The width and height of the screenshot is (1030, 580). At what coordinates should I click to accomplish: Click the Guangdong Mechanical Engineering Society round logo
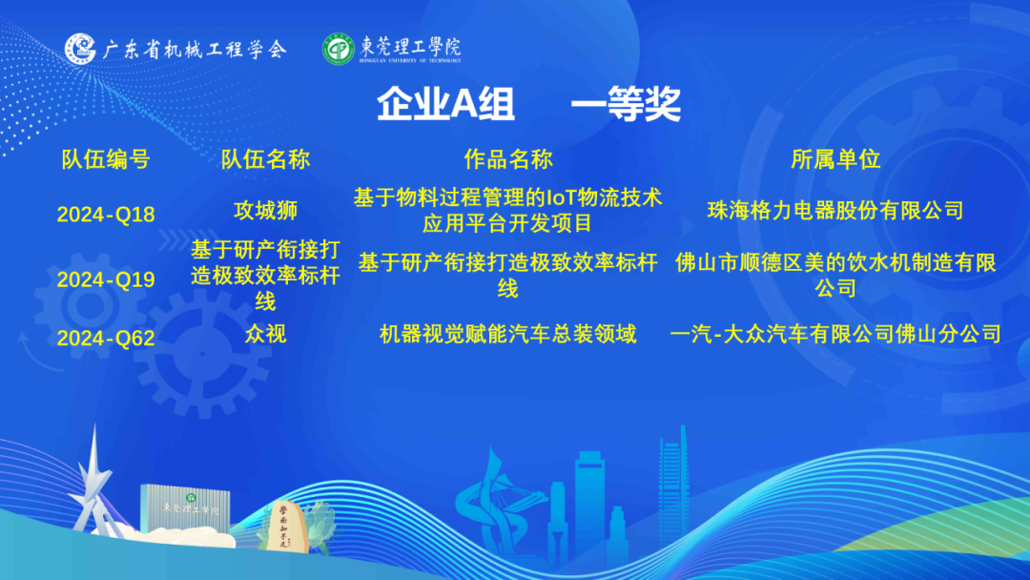(x=80, y=49)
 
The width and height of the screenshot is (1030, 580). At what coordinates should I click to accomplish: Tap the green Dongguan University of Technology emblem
(x=339, y=49)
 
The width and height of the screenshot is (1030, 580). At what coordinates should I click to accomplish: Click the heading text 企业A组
(x=445, y=104)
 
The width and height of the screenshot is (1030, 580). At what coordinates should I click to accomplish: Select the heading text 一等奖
(x=626, y=104)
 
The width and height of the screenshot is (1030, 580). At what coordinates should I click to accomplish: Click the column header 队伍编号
(x=106, y=159)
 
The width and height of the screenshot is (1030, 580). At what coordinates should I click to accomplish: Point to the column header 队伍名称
(x=265, y=159)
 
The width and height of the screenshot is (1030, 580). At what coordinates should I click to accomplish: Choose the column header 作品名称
(x=508, y=159)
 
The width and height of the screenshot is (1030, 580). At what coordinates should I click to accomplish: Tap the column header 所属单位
(x=835, y=159)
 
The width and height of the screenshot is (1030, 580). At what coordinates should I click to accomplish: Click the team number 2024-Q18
(x=106, y=214)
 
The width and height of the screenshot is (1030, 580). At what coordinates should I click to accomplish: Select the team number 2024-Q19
(x=106, y=280)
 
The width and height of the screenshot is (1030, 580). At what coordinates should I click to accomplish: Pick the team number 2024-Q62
(x=106, y=338)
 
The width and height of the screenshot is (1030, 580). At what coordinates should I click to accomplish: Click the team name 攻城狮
(x=265, y=210)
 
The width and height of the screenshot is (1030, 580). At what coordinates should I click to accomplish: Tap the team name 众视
(x=265, y=334)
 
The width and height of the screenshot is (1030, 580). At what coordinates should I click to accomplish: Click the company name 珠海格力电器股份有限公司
(x=835, y=210)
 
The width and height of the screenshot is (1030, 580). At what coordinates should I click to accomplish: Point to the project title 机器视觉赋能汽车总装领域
(x=508, y=334)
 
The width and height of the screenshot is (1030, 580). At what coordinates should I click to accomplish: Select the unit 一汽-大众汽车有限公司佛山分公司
(x=835, y=334)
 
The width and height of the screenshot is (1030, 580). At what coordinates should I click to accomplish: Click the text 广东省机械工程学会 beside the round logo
(x=195, y=50)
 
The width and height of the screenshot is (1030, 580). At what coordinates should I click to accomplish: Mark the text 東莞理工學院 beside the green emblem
(x=410, y=48)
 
